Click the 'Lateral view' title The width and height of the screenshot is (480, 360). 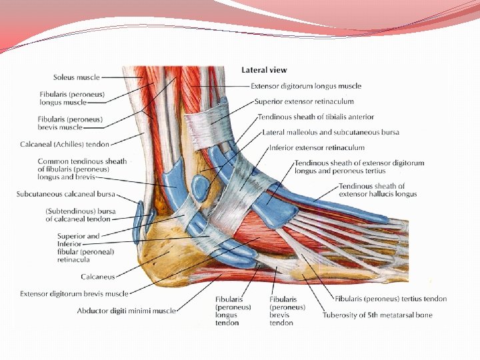click(x=263, y=70)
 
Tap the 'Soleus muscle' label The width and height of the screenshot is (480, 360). click(x=77, y=77)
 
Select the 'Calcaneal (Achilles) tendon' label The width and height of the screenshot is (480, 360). click(x=65, y=143)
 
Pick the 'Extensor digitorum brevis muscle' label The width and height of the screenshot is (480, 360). click(x=74, y=293)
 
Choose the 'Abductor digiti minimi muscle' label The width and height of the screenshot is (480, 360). click(x=126, y=311)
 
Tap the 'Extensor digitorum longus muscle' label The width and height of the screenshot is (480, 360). click(x=306, y=86)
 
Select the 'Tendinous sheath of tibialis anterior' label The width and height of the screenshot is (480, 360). click(x=317, y=117)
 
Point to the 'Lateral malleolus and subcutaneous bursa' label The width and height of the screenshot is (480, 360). click(x=331, y=132)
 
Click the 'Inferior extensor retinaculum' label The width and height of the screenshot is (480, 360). click(x=317, y=147)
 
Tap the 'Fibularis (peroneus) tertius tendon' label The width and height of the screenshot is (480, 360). click(x=391, y=299)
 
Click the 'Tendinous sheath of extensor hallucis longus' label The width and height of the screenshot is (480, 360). click(x=377, y=190)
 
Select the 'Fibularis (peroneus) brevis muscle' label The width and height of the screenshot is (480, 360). click(x=69, y=123)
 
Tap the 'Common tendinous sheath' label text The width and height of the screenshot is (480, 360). click(x=82, y=161)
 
